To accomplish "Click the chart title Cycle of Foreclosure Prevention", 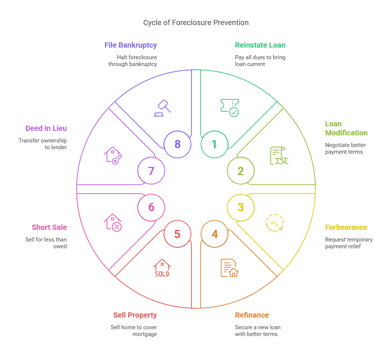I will click(x=196, y=23).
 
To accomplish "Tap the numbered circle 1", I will click(x=214, y=144).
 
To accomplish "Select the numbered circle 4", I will click(x=214, y=234).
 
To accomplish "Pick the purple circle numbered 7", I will click(x=151, y=171).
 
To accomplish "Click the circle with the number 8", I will click(x=177, y=144).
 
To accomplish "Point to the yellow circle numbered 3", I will click(x=241, y=207).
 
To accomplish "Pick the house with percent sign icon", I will click(x=113, y=222).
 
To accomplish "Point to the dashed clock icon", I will click(x=275, y=222).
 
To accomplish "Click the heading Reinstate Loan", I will click(x=260, y=45).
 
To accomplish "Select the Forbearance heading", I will click(x=346, y=228).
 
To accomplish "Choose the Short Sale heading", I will click(x=49, y=228).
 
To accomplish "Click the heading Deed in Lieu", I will click(x=46, y=129).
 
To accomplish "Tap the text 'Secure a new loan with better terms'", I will click(x=258, y=331).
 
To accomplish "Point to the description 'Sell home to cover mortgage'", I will click(x=134, y=331).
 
